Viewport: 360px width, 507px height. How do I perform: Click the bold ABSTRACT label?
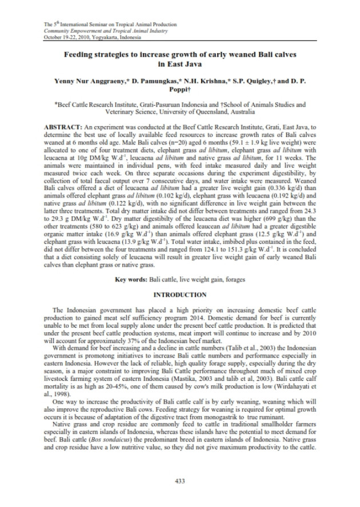click(63, 124)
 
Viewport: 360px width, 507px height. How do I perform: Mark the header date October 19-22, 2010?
click(62, 36)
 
